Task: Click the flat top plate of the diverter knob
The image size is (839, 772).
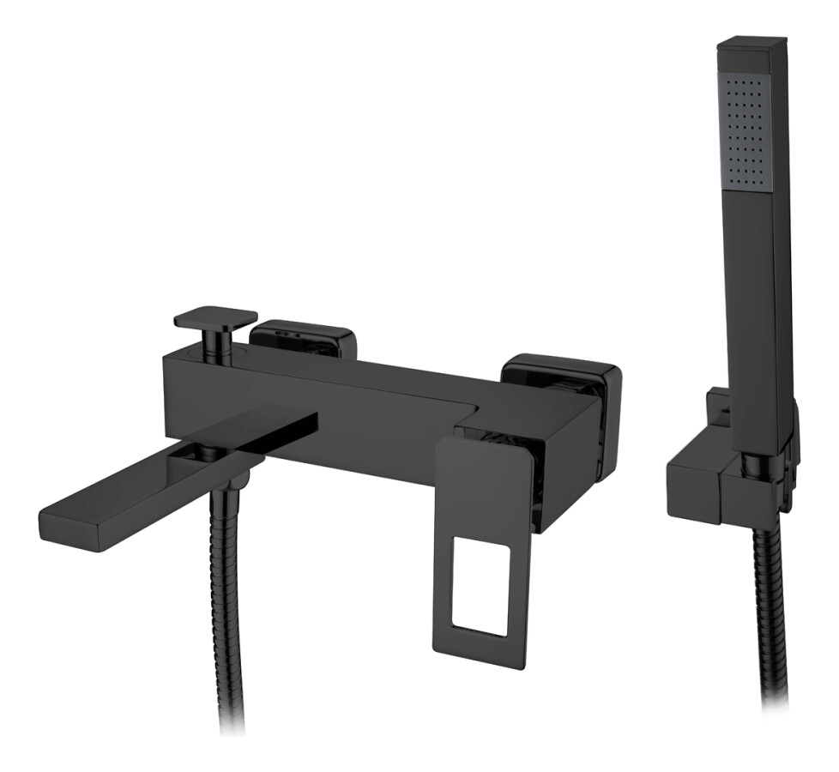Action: pos(215,317)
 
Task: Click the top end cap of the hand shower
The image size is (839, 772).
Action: pos(752,43)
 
